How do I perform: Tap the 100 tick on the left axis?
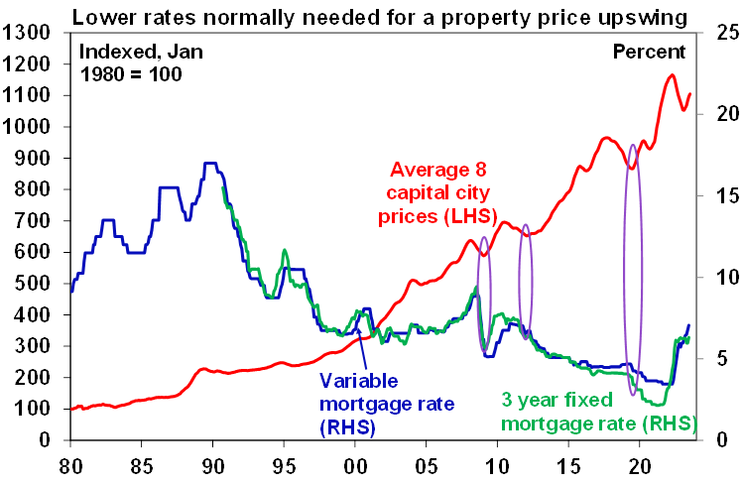[32, 409]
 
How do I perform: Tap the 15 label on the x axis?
[568, 462]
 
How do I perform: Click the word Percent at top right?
[649, 52]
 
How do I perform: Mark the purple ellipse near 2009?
[484, 296]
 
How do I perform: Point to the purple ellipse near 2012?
[526, 282]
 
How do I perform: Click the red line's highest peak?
[673, 74]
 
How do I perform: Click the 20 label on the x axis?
[640, 462]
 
